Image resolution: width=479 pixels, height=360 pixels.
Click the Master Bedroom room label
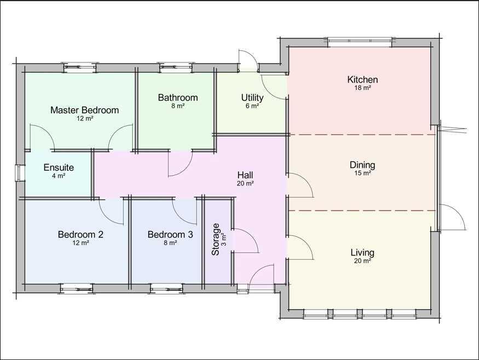(x=84, y=110)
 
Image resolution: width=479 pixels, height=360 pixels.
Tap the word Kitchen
(x=362, y=80)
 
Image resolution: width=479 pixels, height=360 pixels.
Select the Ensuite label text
(x=59, y=167)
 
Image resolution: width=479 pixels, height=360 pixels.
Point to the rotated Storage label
(x=216, y=239)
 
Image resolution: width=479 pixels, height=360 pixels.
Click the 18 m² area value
(x=362, y=88)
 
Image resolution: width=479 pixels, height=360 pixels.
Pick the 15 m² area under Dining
(x=362, y=173)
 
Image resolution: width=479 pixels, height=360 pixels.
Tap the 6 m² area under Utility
(x=252, y=106)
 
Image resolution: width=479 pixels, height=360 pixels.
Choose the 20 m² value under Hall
(x=245, y=184)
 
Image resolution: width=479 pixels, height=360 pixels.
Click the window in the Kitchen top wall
(x=360, y=42)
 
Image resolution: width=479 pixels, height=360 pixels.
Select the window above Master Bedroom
(x=79, y=68)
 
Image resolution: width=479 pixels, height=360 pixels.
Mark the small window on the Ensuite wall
(x=20, y=173)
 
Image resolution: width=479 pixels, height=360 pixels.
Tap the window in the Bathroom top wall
(x=176, y=68)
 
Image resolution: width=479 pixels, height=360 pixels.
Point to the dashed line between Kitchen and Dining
(x=361, y=134)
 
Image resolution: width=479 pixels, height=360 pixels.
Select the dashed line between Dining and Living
(x=361, y=210)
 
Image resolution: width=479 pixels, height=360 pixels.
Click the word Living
(x=362, y=253)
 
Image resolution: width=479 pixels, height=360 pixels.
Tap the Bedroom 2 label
(x=80, y=235)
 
